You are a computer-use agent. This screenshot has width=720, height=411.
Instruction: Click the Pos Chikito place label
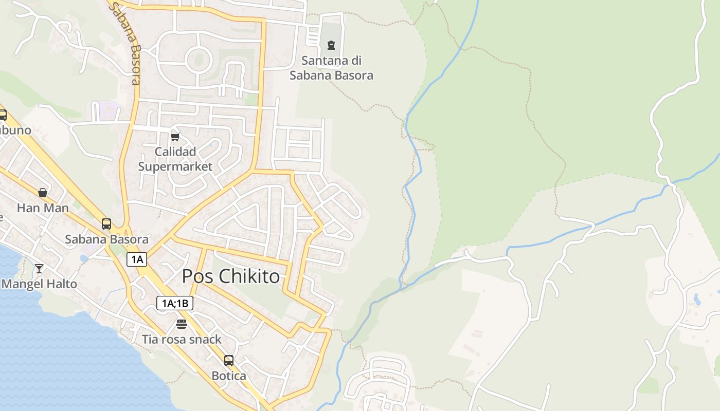[x=231, y=276]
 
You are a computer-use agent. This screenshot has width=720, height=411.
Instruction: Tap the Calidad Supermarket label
[x=175, y=159]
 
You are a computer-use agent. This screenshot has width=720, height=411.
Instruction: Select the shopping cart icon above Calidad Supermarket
[x=175, y=137]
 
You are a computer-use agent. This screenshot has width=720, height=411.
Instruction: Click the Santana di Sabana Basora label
[x=331, y=68]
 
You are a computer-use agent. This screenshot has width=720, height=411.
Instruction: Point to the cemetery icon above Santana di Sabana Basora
[x=331, y=45]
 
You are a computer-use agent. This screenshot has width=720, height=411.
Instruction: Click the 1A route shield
[x=137, y=259]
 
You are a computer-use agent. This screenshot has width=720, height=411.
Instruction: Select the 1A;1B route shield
[x=175, y=303]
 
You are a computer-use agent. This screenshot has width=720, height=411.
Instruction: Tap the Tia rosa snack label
[x=182, y=339]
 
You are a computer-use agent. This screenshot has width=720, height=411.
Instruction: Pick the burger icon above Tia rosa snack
[x=181, y=324]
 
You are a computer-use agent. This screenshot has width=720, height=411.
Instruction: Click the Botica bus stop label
[x=229, y=376]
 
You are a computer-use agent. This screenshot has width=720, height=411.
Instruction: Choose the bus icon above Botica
[x=229, y=361]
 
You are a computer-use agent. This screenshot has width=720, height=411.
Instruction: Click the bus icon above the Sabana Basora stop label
[x=106, y=224]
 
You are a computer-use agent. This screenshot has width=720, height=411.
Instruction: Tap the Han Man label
[x=43, y=208]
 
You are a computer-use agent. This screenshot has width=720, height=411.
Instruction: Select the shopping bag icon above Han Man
[x=43, y=193]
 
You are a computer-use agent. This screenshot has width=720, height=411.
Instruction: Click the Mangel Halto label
[x=40, y=284]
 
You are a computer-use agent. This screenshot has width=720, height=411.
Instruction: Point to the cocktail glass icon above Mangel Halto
[x=39, y=268]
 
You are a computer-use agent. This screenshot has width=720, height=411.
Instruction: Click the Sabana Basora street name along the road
[x=125, y=44]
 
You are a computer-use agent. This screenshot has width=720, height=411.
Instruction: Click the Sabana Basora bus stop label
[x=106, y=239]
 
